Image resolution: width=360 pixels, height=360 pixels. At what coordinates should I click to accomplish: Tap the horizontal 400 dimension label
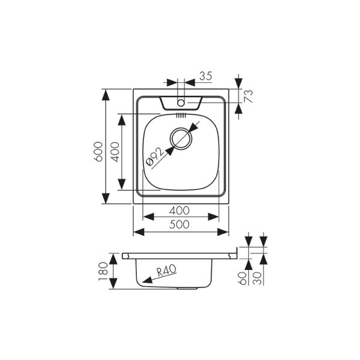click(179, 210)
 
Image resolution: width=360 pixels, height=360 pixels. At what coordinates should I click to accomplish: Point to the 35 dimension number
click(205, 76)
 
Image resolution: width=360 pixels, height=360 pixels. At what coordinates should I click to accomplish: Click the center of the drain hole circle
click(181, 139)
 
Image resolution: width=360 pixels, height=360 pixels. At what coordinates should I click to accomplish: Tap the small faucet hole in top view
click(181, 103)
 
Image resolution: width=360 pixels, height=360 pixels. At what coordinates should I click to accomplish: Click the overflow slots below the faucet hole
click(181, 113)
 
